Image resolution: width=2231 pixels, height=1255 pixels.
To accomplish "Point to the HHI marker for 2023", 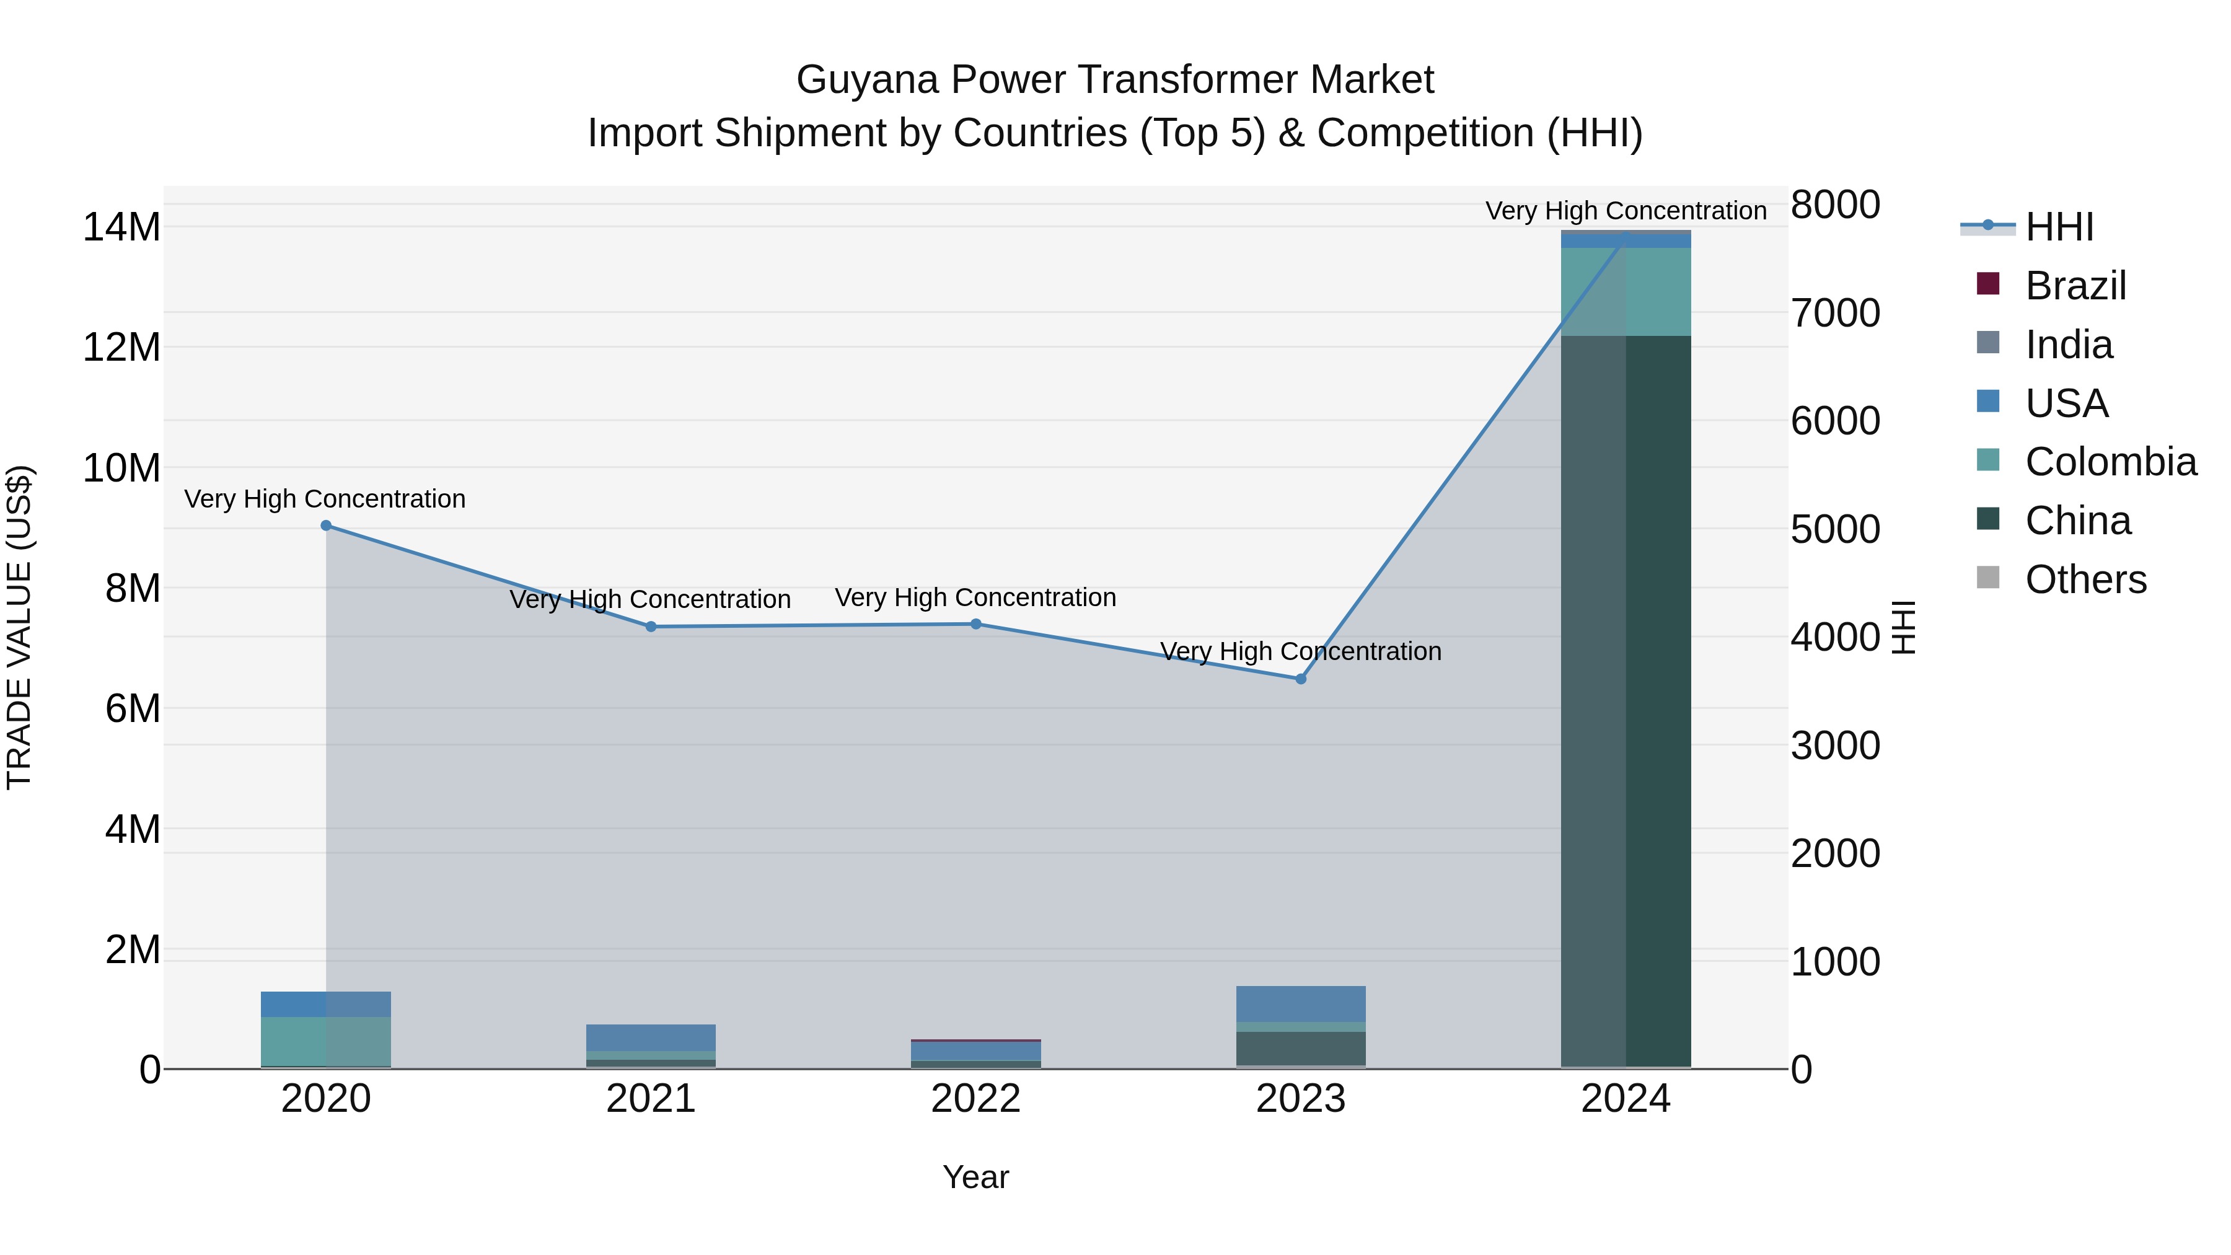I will [1301, 680].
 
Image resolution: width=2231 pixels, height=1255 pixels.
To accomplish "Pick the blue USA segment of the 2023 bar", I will [1301, 1005].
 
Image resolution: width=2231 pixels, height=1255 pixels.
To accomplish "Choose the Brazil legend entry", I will [2075, 286].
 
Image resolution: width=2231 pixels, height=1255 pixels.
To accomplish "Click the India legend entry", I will [2068, 345].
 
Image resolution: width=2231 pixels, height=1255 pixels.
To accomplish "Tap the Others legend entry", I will [2085, 579].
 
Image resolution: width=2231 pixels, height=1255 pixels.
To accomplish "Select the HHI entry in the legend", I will [2059, 227].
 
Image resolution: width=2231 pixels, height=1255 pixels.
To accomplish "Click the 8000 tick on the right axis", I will [1835, 205].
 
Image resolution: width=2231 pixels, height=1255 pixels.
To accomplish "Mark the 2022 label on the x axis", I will [976, 1099].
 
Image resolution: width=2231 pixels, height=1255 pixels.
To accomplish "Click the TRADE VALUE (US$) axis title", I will [19, 627].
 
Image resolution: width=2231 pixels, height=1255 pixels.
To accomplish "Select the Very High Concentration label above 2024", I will [1626, 211].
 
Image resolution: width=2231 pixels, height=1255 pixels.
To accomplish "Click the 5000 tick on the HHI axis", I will [1835, 530].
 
